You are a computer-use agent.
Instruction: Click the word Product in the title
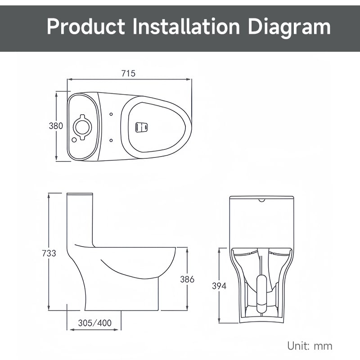86,27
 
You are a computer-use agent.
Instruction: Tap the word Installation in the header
186,27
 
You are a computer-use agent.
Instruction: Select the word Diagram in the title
289,28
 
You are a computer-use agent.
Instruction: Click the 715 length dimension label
128,73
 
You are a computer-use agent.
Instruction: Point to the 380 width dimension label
56,126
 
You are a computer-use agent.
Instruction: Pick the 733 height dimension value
49,253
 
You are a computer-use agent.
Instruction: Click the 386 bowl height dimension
187,279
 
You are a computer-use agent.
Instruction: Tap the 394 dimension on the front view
219,286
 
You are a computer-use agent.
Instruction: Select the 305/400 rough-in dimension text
95,323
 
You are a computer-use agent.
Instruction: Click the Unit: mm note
310,346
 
